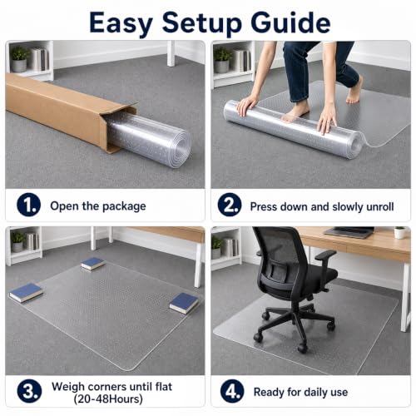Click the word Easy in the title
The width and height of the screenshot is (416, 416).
point(121,23)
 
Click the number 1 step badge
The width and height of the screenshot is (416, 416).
point(28,205)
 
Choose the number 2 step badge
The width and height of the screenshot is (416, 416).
point(230,205)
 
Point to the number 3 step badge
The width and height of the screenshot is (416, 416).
point(29,391)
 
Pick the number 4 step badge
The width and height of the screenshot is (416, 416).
point(232,391)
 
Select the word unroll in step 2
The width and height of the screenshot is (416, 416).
point(380,206)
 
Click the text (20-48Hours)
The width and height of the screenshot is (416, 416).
point(108,399)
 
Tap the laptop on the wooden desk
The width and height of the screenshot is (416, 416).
point(349,232)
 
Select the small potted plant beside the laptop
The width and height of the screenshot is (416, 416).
point(399,232)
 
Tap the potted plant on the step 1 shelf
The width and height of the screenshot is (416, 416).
point(19,59)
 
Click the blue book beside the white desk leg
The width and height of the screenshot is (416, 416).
point(184,303)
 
